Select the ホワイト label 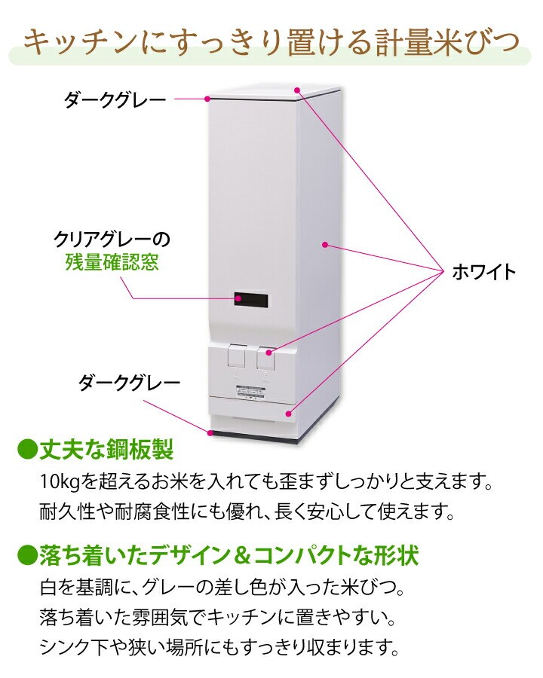[483, 272]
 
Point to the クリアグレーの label [112, 240]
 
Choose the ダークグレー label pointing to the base [129, 383]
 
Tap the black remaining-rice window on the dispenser [250, 299]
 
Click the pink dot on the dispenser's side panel [324, 244]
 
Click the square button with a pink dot [267, 357]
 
